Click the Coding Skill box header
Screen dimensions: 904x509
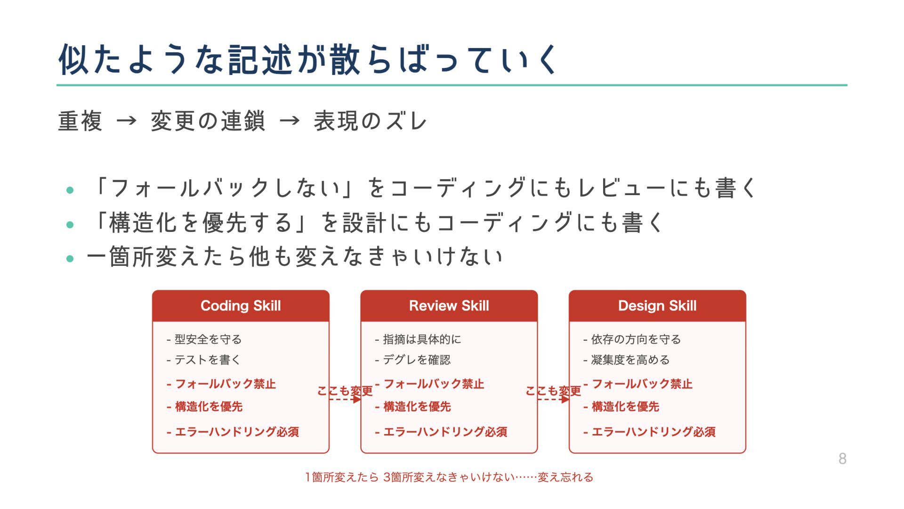click(x=241, y=306)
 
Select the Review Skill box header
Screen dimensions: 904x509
click(x=449, y=306)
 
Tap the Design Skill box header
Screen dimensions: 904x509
click(x=657, y=306)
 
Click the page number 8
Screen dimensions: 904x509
click(x=842, y=459)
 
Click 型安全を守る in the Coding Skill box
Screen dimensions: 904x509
click(x=208, y=339)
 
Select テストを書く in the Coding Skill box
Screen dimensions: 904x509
click(x=207, y=360)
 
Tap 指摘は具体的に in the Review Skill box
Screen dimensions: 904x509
click(x=421, y=339)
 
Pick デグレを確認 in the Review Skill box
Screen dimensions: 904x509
click(x=416, y=360)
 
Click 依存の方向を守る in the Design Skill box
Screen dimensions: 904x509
click(x=636, y=339)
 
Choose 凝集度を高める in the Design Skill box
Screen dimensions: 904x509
click(x=630, y=360)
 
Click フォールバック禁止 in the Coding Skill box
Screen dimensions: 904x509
click(x=225, y=384)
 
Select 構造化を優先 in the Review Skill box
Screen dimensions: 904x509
click(x=417, y=407)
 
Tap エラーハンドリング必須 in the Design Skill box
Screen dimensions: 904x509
click(x=653, y=432)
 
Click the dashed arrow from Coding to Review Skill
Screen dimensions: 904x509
click(x=345, y=399)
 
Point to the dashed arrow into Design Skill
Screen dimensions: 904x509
click(x=553, y=399)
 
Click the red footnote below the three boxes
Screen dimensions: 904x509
click(x=449, y=477)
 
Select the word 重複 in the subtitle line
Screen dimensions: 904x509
click(x=80, y=121)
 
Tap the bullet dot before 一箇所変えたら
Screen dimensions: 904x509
click(x=70, y=259)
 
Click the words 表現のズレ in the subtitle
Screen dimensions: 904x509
click(x=371, y=121)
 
